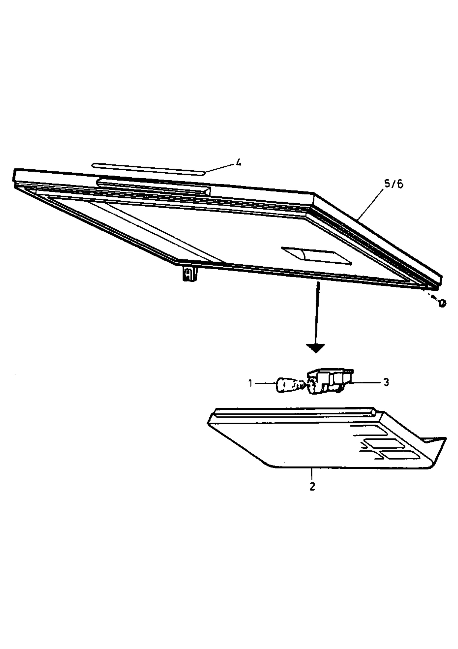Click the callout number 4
[239, 163]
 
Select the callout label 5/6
[394, 184]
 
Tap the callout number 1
[250, 383]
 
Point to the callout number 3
[386, 382]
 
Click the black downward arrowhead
[315, 348]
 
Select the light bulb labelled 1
[291, 385]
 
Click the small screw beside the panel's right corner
[442, 303]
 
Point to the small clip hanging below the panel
[189, 273]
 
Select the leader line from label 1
[265, 383]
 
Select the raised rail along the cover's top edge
[295, 412]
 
